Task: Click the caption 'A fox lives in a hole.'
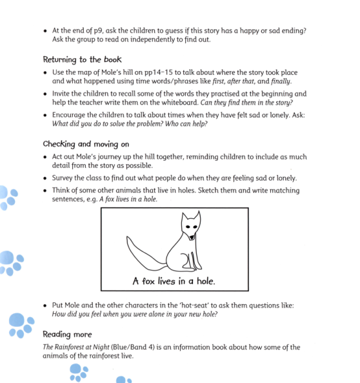[x=174, y=280]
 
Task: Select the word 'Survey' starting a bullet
[x=65, y=178]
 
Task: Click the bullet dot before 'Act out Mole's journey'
[x=45, y=157]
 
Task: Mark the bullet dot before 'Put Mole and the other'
[x=45, y=305]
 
